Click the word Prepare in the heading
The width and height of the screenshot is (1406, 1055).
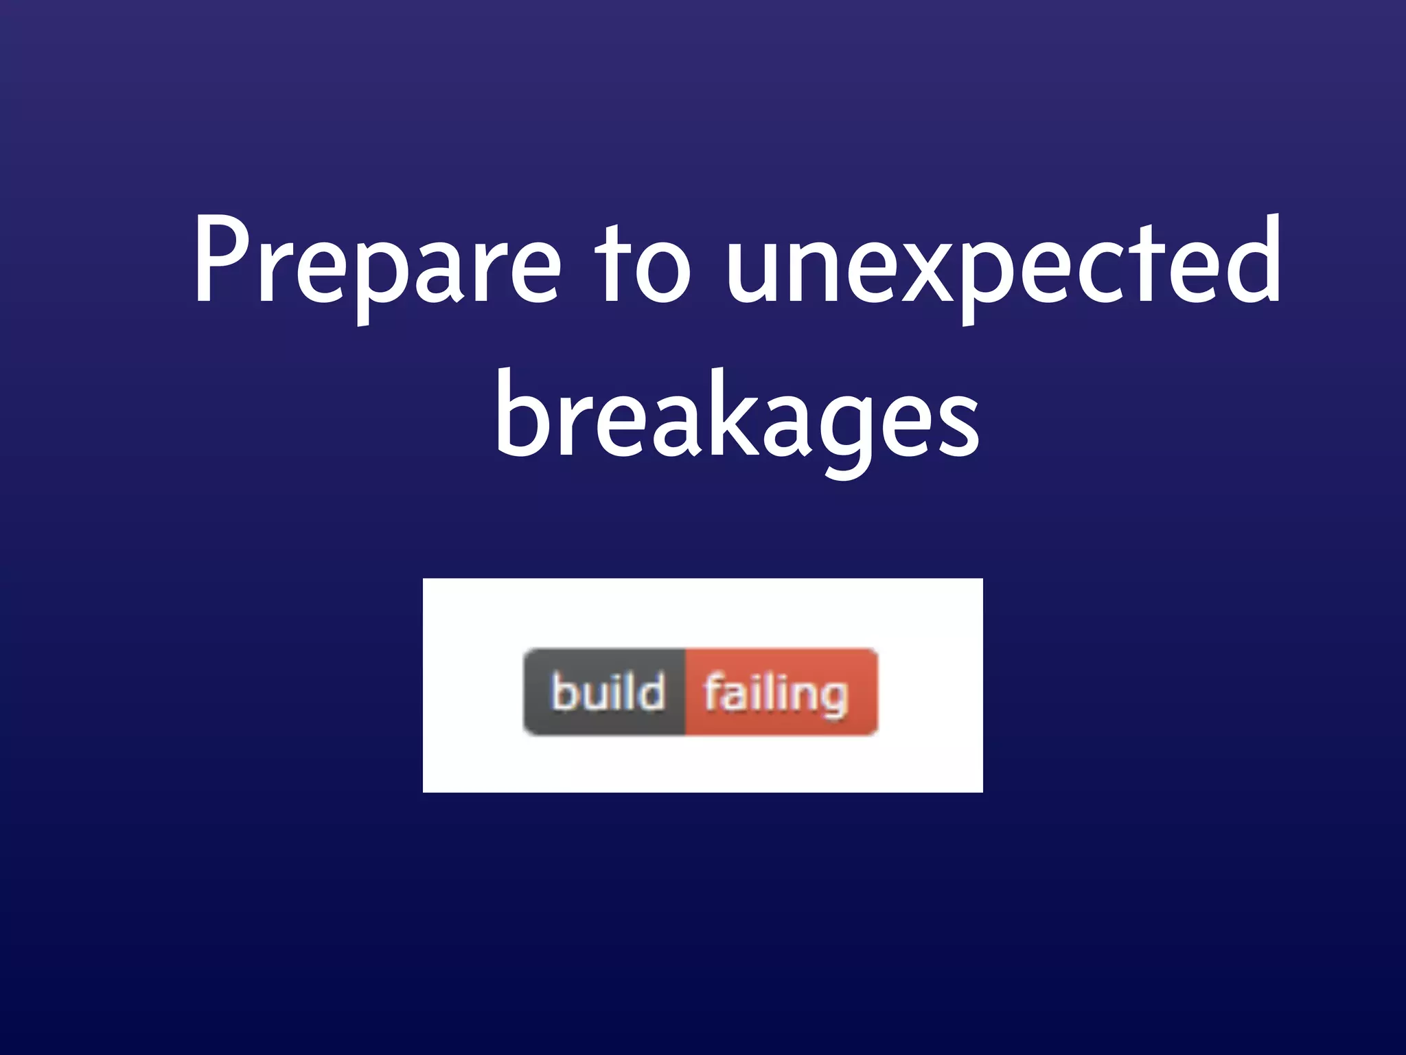pos(376,264)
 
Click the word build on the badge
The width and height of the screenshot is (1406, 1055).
pos(608,692)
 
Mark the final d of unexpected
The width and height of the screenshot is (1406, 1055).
pos(1252,261)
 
